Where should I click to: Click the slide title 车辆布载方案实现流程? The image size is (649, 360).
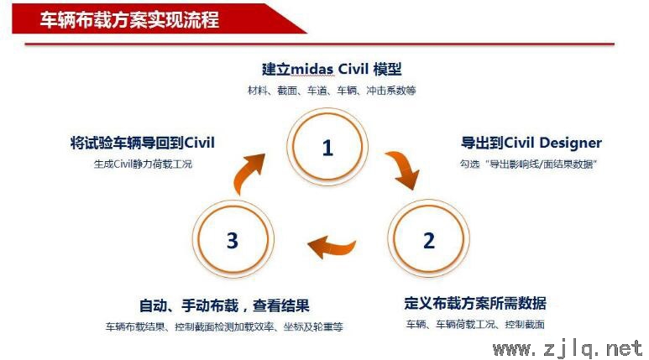coord(129,19)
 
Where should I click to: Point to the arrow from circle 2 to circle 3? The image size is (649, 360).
coord(331,248)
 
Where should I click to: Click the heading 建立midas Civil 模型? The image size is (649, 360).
coord(332,69)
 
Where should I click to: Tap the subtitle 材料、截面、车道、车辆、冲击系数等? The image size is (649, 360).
coord(332,90)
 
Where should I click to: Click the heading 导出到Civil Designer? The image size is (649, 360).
coord(531,143)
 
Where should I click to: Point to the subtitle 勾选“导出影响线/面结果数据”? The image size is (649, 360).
coord(528,164)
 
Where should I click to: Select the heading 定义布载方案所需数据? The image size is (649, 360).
coord(475,303)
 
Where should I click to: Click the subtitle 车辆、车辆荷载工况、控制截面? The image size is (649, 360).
coord(475,324)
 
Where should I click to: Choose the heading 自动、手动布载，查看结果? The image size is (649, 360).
coord(224,305)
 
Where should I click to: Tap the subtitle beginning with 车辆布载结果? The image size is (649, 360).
coord(224,327)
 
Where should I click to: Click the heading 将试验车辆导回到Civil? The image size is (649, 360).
coord(143,143)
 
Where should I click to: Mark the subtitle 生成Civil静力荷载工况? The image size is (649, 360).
coord(143,164)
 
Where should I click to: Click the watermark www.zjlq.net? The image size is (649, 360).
coord(568,348)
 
